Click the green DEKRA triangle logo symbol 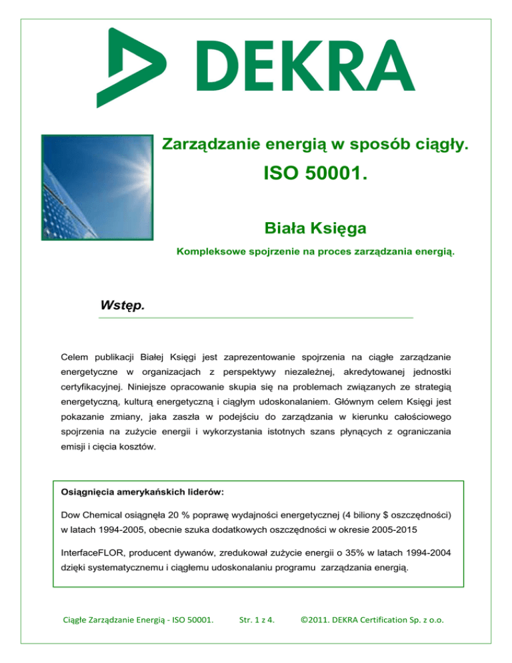130,63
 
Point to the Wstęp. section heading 121,306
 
